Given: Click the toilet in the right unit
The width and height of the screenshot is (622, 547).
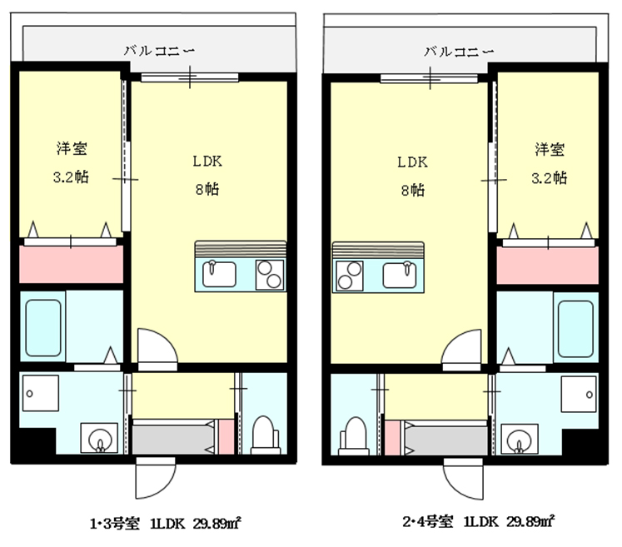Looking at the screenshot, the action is point(354,436).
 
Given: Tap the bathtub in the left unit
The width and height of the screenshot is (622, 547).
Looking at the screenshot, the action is point(43,328).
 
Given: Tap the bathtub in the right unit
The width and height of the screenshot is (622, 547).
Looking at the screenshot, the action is point(575,329).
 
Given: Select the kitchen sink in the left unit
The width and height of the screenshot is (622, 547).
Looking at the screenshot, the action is point(219,274).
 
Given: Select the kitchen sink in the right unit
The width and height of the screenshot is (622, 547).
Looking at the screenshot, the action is point(400,275).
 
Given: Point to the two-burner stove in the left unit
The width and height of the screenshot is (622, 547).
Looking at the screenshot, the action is point(270,275).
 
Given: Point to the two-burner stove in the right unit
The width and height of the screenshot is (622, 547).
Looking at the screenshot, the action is point(350,276).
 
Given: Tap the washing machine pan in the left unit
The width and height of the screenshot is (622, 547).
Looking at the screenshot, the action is point(41,393).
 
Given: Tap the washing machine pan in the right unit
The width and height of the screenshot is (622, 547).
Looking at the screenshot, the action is point(579,395).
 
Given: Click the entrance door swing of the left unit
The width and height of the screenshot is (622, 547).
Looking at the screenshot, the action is point(156,479).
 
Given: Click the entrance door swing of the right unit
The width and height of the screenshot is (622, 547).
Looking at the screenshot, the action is point(463,480).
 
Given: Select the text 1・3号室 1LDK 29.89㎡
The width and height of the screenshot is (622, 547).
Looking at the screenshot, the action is point(166,524).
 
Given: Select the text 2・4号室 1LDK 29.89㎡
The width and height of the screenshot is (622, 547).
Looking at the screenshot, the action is point(479,521).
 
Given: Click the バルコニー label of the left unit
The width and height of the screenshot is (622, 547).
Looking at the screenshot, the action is point(160,51).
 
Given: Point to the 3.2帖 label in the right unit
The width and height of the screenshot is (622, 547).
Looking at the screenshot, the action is point(550,178).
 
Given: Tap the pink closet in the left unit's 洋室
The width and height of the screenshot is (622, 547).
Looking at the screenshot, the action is point(72,265).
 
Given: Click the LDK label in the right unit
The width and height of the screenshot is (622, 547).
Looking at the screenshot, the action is point(412,162).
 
